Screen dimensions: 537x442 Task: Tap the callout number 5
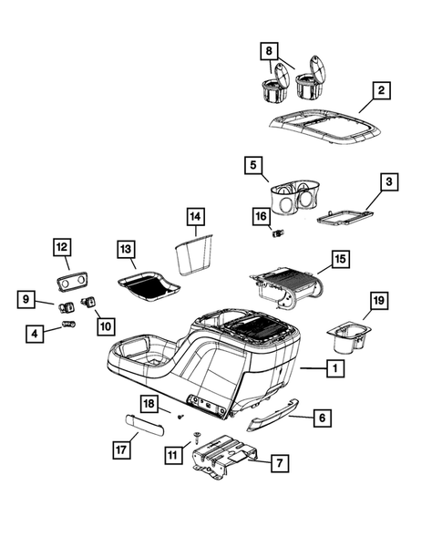pos(255,166)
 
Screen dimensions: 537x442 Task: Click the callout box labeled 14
pos(195,218)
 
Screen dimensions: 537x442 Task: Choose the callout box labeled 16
pos(262,216)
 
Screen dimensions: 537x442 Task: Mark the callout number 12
pos(62,246)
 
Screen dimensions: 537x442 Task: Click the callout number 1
pos(335,369)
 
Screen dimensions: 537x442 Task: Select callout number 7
pos(279,463)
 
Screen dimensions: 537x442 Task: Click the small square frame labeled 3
pos(345,216)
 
